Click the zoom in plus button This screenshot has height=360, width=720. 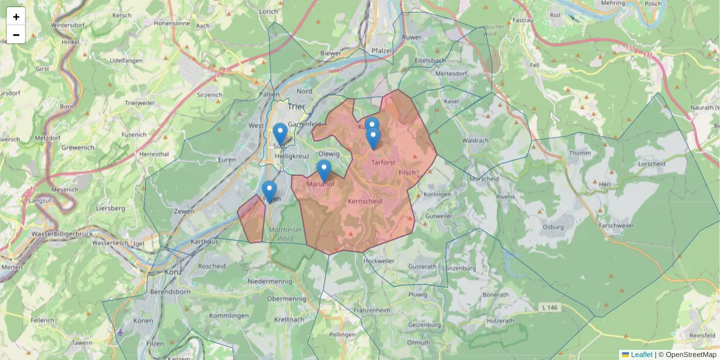(16, 17)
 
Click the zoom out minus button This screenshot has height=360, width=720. (16, 35)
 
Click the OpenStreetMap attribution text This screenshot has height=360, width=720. (688, 355)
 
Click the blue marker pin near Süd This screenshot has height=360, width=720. (280, 134)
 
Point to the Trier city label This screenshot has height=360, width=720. (296, 107)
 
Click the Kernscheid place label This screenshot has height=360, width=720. (365, 202)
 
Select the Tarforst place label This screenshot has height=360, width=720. (384, 162)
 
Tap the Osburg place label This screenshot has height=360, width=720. (553, 227)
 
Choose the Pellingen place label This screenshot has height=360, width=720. (343, 334)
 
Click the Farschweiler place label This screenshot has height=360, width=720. (620, 226)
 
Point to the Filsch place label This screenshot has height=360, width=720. (407, 172)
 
